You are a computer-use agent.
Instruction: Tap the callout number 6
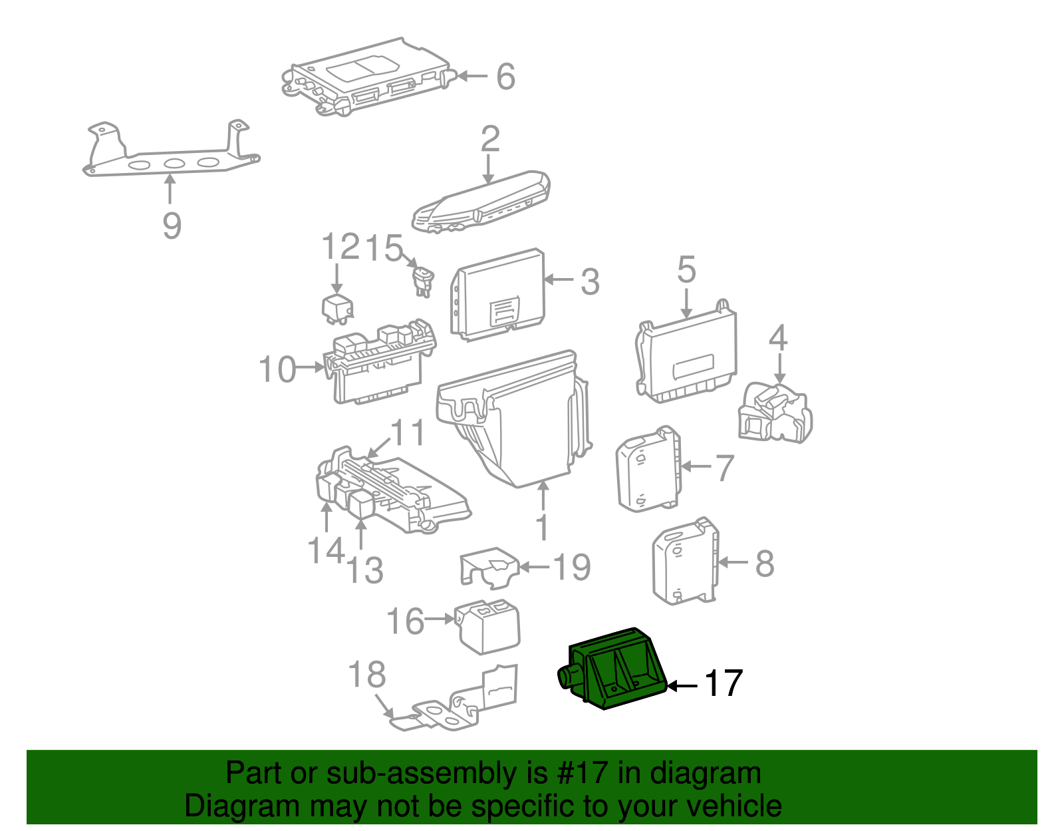(505, 77)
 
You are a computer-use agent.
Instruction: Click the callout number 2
(490, 138)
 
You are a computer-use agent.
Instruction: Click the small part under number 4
(775, 413)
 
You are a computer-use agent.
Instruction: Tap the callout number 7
(724, 468)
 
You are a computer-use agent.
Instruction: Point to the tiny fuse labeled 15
(423, 279)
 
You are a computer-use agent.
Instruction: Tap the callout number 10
(277, 369)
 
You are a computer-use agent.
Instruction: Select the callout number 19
(572, 567)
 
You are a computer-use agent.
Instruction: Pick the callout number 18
(366, 675)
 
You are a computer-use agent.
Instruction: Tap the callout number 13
(365, 570)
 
